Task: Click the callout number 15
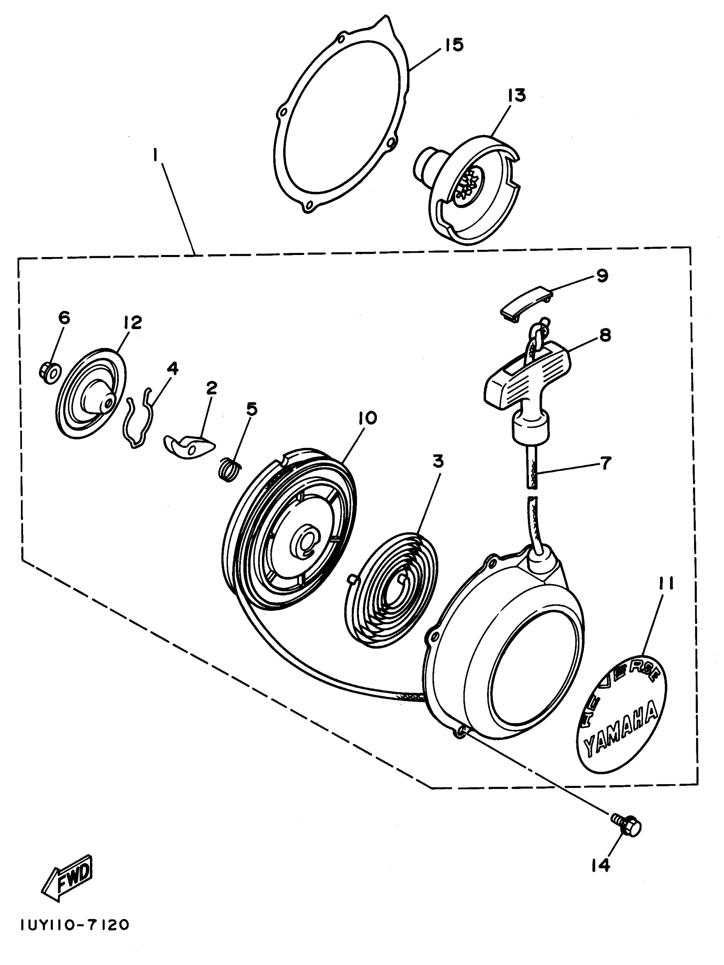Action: point(454,46)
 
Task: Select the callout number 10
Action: point(367,418)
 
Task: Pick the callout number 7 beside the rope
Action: point(605,463)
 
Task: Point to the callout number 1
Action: point(155,155)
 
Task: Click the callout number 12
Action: point(132,323)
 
